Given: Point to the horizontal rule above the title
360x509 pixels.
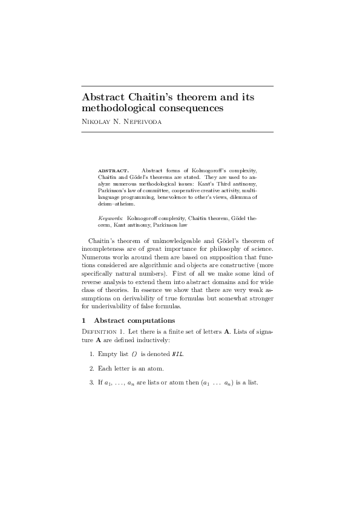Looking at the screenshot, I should point(177,86).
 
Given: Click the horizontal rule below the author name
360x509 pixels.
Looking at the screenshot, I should point(177,131).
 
